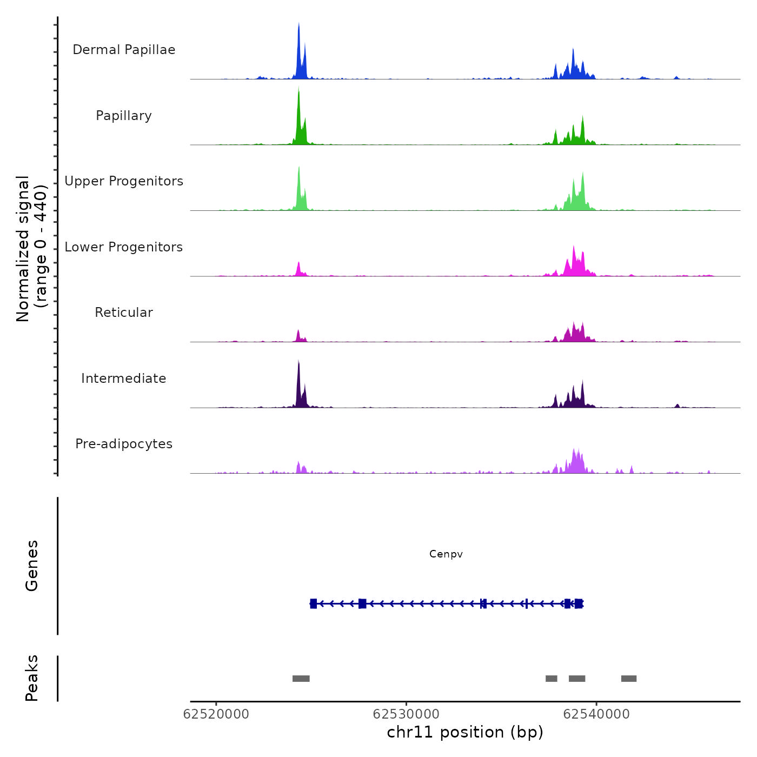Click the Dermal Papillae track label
pos(124,50)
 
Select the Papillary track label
pos(124,116)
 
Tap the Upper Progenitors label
pos(124,181)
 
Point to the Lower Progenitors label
pos(124,247)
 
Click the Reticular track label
pos(124,313)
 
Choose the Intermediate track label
pos(124,378)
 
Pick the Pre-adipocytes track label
pos(124,444)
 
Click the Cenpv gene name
pos(446,554)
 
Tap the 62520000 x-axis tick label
pos(216,714)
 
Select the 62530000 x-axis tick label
pos(406,714)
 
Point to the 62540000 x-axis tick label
pos(596,714)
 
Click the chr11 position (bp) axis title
pos(465,733)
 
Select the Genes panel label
pos(32,566)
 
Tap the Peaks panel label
pos(32,678)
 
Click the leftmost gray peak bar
pos(301,679)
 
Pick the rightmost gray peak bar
pos(629,679)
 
